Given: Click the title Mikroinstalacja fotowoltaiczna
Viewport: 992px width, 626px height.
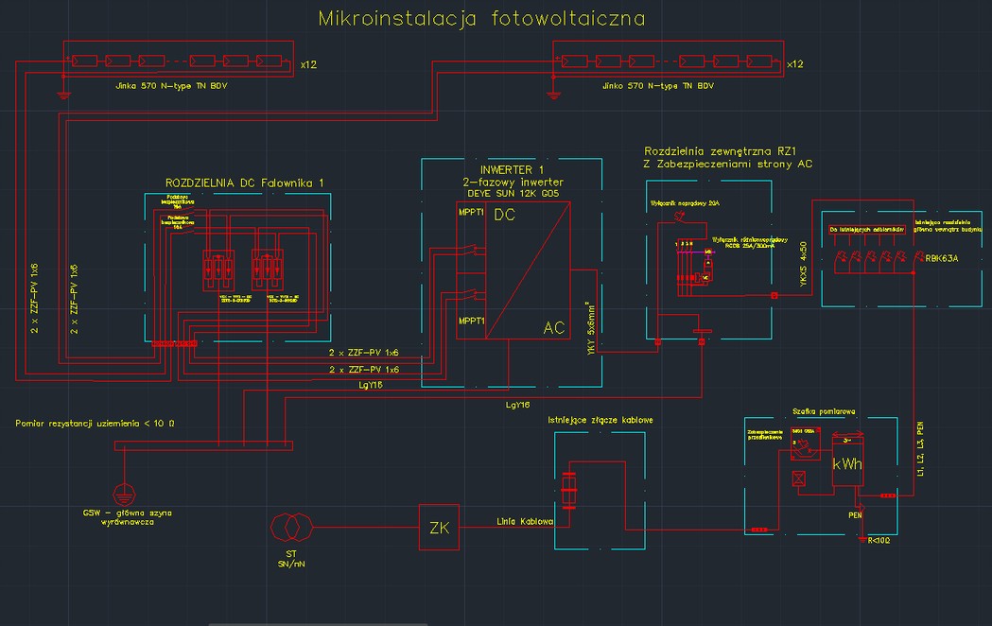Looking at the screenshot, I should point(482,18).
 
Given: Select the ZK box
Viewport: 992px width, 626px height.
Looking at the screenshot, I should point(438,527).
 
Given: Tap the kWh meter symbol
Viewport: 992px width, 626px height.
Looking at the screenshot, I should point(846,464).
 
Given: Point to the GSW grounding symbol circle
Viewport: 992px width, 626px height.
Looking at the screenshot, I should point(122,493).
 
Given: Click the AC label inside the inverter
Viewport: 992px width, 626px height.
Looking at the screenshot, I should point(554,328).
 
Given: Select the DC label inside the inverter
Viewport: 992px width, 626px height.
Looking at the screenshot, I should point(504,216).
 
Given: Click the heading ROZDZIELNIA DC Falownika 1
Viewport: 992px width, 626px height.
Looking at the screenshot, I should point(244,183).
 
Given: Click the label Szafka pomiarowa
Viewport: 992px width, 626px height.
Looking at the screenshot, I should point(823,411).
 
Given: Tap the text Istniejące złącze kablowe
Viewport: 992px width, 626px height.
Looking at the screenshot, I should point(600,419).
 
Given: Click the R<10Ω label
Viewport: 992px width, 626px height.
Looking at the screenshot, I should point(878,542).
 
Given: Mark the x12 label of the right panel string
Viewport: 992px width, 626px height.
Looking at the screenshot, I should point(794,64).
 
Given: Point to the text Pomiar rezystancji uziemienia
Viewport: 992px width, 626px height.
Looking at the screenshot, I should point(95,423).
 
